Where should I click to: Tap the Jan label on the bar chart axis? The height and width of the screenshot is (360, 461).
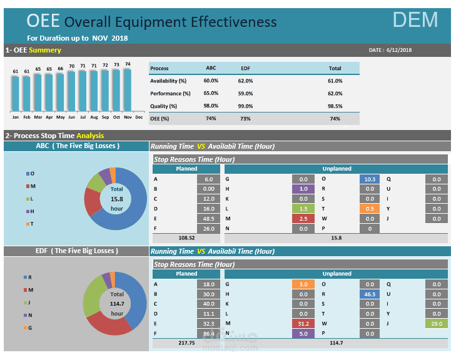[15, 117]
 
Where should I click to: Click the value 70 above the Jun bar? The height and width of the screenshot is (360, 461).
[71, 66]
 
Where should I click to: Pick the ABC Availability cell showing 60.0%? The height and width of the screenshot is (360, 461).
[211, 81]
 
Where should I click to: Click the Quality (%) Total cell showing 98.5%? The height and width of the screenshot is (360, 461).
[335, 106]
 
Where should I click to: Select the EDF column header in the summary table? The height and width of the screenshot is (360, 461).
[245, 68]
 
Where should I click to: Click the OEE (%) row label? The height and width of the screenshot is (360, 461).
[160, 119]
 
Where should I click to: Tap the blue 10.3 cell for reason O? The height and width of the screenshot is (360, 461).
[369, 179]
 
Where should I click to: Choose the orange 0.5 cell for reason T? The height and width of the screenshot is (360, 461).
[369, 208]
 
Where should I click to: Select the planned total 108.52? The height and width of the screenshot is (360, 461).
[186, 237]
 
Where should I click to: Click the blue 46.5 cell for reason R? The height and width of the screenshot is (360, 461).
[369, 293]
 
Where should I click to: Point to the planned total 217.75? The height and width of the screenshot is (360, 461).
[186, 342]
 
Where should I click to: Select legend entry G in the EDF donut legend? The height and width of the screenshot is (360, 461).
[29, 328]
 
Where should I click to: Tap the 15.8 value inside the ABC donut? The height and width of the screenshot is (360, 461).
[117, 199]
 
